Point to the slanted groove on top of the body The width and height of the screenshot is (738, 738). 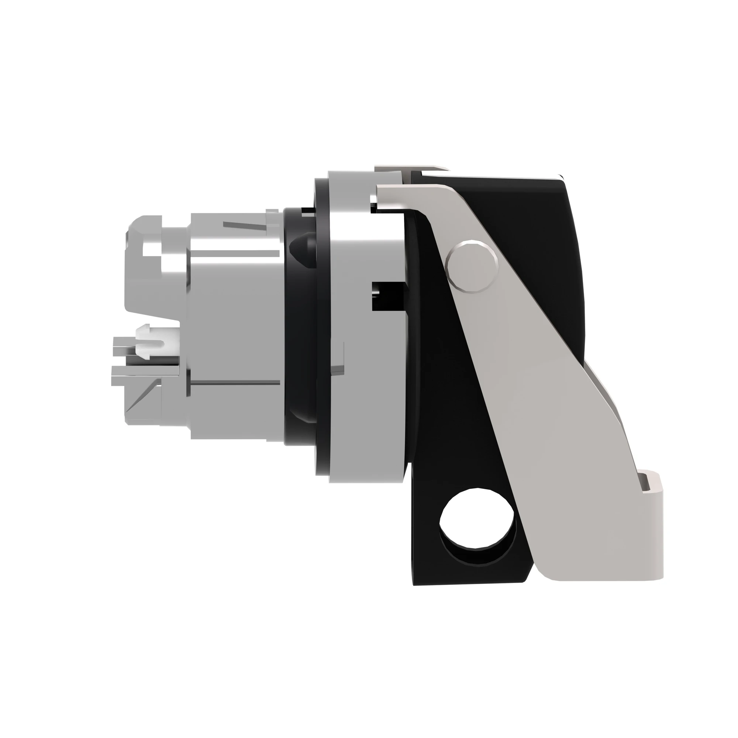[245, 225]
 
